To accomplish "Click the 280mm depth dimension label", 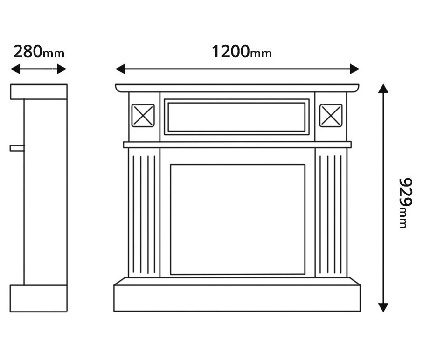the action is pos(39,51).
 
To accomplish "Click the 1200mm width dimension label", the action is pos(241,51).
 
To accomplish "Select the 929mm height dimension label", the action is pos(405,203).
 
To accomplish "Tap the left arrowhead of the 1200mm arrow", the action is pos(120,69).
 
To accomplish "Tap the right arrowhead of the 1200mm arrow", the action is pos(354,69).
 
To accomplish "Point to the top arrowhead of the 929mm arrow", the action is pos(383,89).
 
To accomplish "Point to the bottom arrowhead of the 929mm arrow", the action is pos(383,307).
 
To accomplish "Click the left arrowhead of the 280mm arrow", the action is pos(15,69).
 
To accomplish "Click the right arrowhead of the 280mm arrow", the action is pos(62,69).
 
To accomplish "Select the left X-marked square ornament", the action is pos(143,116).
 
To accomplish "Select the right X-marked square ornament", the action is pos(331,116).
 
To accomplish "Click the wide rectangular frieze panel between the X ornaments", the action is pos(236,117).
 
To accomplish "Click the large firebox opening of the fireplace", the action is pos(237,219).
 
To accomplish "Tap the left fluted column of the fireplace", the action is pos(144,213).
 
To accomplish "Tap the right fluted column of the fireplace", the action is pos(331,213).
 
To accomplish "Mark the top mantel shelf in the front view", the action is pos(237,88).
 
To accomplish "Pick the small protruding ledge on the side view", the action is pos(17,148).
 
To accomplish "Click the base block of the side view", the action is pos(38,298).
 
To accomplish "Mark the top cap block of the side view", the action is pos(39,91).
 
